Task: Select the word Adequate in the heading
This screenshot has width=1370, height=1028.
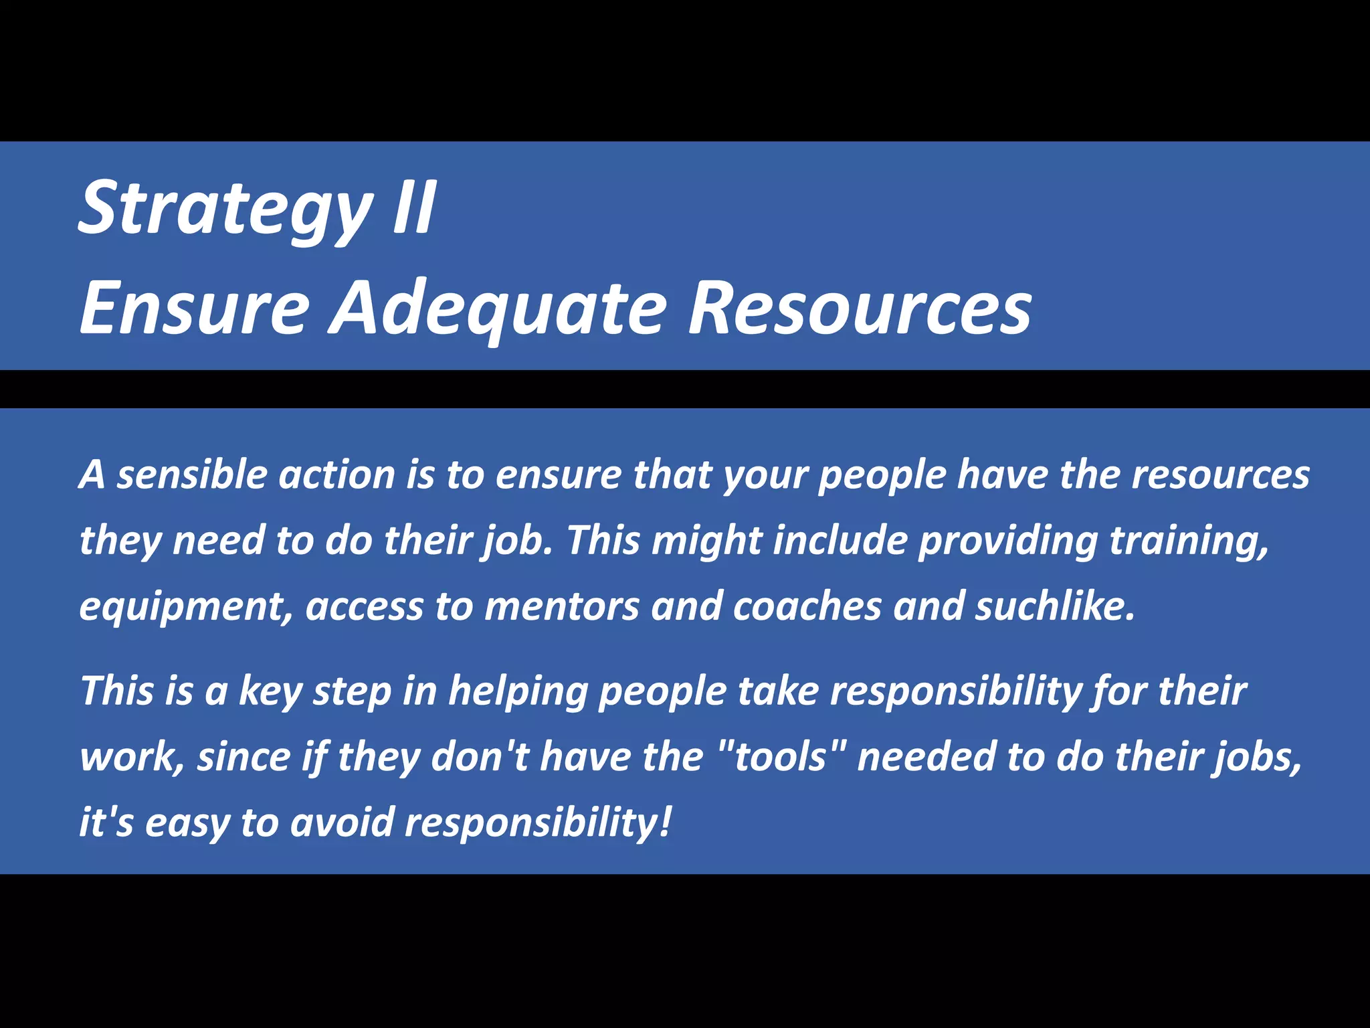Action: pyautogui.click(x=499, y=309)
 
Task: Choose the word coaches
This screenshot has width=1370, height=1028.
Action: pyautogui.click(x=807, y=606)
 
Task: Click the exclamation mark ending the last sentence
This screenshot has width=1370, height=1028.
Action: pyautogui.click(x=664, y=821)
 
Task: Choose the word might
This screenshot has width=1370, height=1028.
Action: pyautogui.click(x=706, y=541)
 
